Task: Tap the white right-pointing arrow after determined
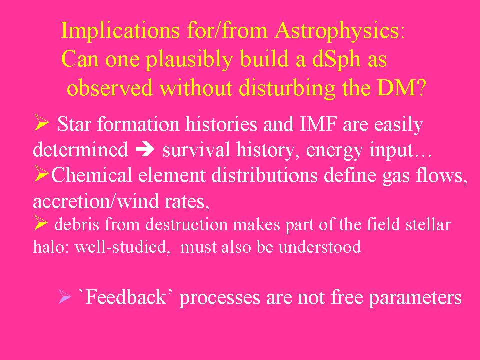click(x=145, y=150)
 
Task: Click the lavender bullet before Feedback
click(x=64, y=296)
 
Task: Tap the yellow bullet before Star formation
click(x=41, y=123)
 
